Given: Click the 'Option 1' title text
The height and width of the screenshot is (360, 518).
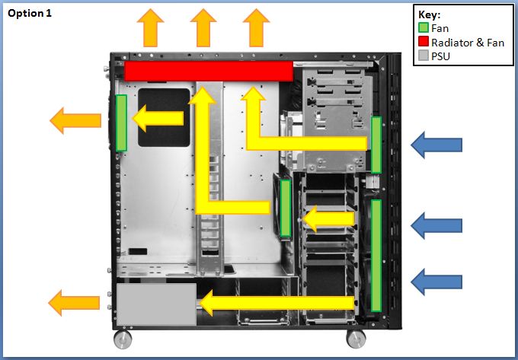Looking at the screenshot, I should pos(30,14).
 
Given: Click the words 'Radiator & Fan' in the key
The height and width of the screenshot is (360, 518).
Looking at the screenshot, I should pos(467,43).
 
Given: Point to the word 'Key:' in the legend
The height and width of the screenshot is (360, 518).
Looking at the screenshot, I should pos(430,15).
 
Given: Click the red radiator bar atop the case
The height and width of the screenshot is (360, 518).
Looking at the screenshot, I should pos(209,71).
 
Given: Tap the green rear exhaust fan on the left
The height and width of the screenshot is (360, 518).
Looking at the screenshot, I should pos(121,123).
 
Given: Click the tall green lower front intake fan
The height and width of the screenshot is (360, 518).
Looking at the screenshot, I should pos(376,255).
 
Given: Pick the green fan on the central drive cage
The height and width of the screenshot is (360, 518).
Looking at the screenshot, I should pos(286,209).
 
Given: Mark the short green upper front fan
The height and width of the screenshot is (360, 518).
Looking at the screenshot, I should pos(376,145).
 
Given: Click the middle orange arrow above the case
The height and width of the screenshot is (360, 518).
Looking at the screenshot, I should pos(203,28).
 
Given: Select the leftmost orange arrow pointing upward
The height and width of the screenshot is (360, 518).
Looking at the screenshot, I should pos(150,28).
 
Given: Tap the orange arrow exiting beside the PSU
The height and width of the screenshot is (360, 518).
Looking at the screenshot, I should pos(75,303).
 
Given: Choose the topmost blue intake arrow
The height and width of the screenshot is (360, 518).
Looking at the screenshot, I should pos(436,145).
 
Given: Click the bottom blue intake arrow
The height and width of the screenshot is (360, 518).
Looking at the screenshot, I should pos(436,282).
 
